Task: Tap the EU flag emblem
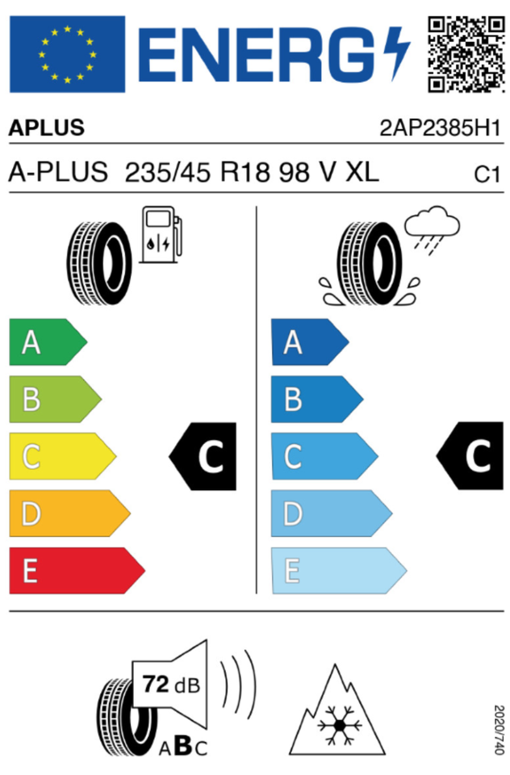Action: click(x=67, y=54)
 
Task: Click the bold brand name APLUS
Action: click(x=46, y=128)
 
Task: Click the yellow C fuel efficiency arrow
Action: click(x=61, y=457)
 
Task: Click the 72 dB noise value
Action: click(x=171, y=684)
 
